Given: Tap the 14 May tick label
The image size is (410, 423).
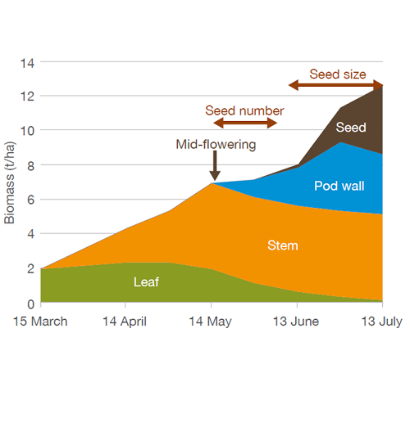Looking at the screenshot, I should tap(211, 322).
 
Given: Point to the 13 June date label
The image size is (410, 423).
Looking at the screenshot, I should tap(297, 322).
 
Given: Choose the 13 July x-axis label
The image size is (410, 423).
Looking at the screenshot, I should tap(382, 322).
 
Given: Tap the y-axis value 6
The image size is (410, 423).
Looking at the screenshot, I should tap(30, 200).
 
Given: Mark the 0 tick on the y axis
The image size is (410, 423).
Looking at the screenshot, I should tap(30, 303).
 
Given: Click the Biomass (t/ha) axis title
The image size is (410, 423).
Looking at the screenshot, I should tap(10, 182).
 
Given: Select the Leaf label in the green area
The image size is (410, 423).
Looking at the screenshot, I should tap(146, 282).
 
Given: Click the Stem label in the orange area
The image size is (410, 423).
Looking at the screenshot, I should tap(284, 244).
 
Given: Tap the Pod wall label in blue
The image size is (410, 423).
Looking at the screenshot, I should tap(339, 186).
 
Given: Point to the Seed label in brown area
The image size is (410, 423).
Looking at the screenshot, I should tap(350, 128).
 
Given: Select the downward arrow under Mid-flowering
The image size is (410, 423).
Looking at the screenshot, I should tap(214, 168).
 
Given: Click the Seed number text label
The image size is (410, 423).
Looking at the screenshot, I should tap(244, 110).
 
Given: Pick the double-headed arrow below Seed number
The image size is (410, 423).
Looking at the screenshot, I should tap(245, 124).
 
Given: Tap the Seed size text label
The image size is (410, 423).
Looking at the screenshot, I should tap(337, 74).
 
